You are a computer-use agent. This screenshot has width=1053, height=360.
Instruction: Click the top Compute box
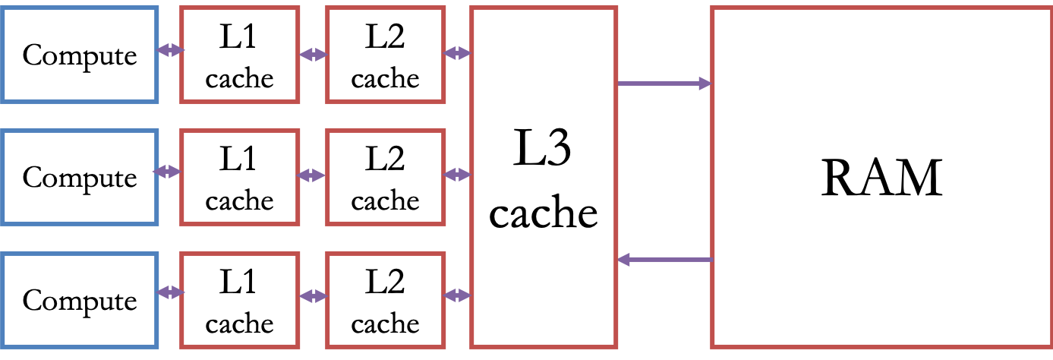click(x=80, y=54)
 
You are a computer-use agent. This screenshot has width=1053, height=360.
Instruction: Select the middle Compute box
click(x=80, y=177)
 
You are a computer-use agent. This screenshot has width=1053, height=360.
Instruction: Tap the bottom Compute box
click(x=80, y=300)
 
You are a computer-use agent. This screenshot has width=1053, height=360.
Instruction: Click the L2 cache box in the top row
click(x=385, y=54)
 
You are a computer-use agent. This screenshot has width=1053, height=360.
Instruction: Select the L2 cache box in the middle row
click(x=385, y=177)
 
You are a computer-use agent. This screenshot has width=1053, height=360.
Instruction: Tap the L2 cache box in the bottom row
click(x=385, y=300)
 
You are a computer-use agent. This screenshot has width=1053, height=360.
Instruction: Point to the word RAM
click(x=881, y=179)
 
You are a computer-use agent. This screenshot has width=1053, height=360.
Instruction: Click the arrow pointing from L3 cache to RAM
click(x=664, y=84)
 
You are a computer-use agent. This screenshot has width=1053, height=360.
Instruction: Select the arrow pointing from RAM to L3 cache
click(x=664, y=261)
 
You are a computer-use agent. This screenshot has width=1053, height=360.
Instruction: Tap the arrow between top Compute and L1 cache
click(x=170, y=51)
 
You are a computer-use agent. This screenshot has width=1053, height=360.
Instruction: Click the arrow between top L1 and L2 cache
click(x=313, y=55)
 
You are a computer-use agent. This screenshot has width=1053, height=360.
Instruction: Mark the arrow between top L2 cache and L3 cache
click(x=458, y=53)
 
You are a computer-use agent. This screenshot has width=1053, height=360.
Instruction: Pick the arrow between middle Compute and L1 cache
click(x=169, y=172)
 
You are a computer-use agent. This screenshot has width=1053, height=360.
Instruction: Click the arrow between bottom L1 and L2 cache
click(x=313, y=294)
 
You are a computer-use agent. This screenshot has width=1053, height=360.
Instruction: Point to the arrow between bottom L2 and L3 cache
click(x=458, y=294)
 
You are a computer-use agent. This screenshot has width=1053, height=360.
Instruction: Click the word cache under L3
click(x=543, y=213)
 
